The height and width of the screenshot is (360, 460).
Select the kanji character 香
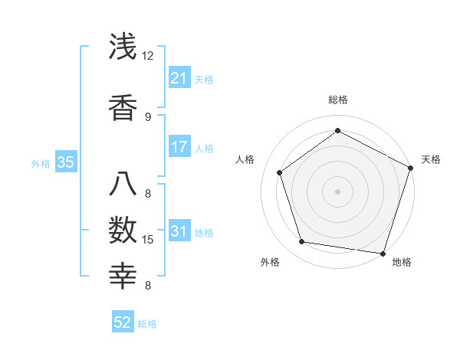123,108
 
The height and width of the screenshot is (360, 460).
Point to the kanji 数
123,230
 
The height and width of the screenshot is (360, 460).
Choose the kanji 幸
123,276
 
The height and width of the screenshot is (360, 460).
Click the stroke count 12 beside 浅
148,56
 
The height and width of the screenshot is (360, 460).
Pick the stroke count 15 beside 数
148,240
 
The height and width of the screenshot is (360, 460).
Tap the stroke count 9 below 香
148,117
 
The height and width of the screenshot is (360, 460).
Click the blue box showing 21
179,78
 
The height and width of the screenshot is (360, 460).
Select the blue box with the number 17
179,147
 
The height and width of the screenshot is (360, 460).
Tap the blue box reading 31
179,232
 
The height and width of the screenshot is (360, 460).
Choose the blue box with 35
66,162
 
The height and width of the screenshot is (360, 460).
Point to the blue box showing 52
123,323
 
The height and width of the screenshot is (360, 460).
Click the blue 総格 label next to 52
147,324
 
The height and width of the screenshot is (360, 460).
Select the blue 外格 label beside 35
41,163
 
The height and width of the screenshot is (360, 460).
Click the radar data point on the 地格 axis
383,253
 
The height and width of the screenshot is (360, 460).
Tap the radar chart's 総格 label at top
338,100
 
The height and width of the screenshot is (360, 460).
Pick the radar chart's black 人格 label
245,159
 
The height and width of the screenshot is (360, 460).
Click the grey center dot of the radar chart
337,191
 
